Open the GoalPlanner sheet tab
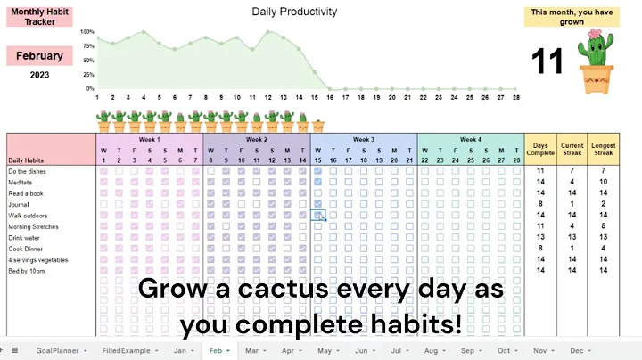(x=57, y=351)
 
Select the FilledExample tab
(x=126, y=351)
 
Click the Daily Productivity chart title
(x=294, y=12)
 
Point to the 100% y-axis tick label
(x=87, y=32)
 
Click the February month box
(x=39, y=56)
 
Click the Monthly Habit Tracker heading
(x=39, y=17)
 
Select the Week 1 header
(x=149, y=139)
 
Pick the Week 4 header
(x=470, y=139)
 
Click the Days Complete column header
(x=540, y=149)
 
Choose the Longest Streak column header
(x=604, y=149)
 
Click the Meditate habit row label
(x=21, y=182)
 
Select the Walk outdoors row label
(x=29, y=216)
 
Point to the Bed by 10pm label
(x=27, y=271)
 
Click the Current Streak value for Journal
(x=572, y=204)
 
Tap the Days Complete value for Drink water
(x=540, y=238)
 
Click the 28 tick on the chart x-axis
(x=515, y=97)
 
